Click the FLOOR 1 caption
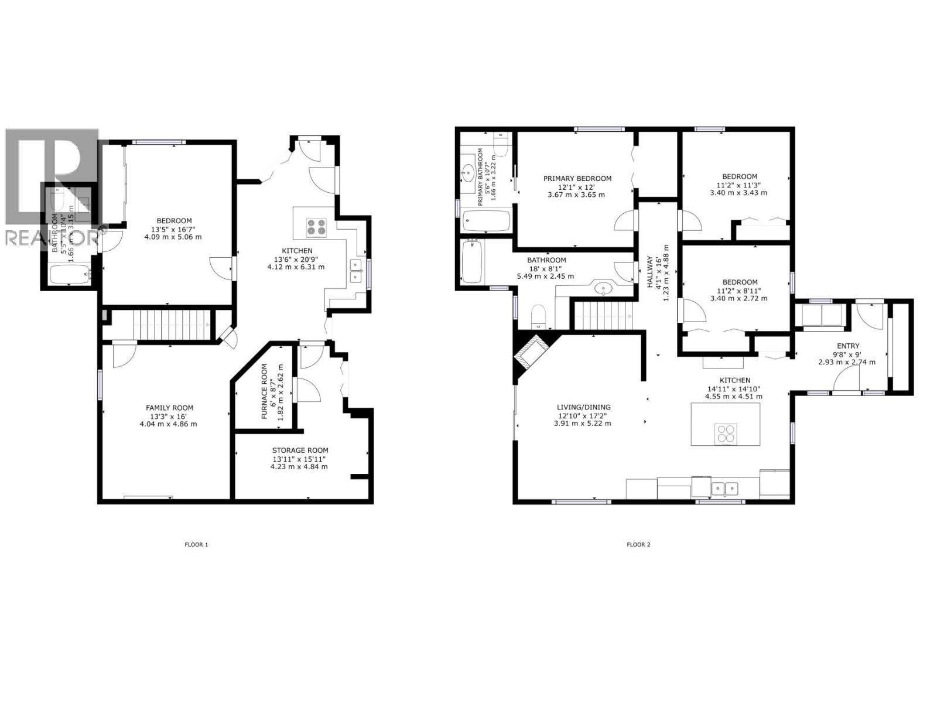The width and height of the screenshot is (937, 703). pos(196,544)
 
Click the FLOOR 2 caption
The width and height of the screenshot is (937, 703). pos(638,544)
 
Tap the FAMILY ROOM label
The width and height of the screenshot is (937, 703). pos(169,408)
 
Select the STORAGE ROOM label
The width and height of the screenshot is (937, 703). pos(299,451)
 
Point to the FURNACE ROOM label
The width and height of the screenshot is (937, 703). pos(264,391)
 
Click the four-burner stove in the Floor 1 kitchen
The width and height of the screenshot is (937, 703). pos(316,227)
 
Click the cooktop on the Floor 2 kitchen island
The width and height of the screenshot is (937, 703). pos(726,434)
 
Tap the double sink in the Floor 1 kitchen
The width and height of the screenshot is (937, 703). pos(355,271)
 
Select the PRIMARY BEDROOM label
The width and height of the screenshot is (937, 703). pos(577,179)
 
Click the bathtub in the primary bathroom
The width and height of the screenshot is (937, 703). pos(486,221)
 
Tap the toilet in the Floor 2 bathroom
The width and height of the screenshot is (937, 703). pos(538,317)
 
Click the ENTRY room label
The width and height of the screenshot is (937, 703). pos(848,346)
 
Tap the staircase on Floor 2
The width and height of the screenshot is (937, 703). pos(603,316)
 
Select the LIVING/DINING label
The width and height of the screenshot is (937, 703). pos(583,407)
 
